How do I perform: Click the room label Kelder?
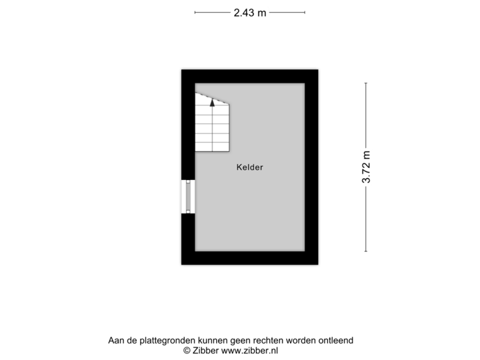tap(249, 167)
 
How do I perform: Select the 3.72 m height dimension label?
tap(366, 167)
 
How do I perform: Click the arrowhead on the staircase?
tap(212, 103)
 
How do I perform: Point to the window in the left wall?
tap(187, 197)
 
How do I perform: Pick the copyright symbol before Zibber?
tap(187, 349)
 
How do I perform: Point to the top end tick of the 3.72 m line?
tap(366, 83)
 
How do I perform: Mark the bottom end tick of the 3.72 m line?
tap(366, 251)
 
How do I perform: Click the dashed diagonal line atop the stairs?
tap(212, 97)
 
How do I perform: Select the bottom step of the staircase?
tap(212, 147)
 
